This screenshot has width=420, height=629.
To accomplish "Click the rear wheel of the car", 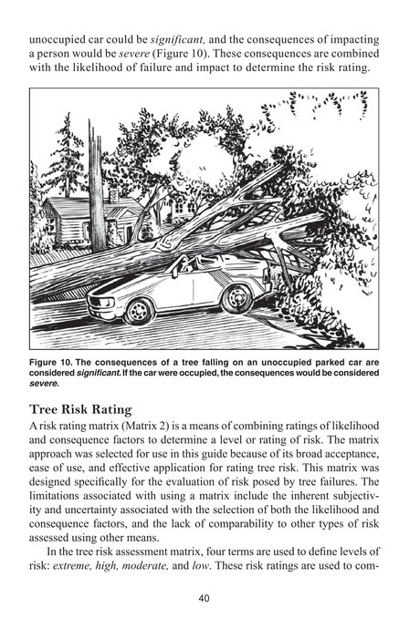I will tap(236, 298).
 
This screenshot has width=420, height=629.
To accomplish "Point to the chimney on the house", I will tap(113, 195).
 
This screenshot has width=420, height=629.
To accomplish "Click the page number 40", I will tap(210, 598).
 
